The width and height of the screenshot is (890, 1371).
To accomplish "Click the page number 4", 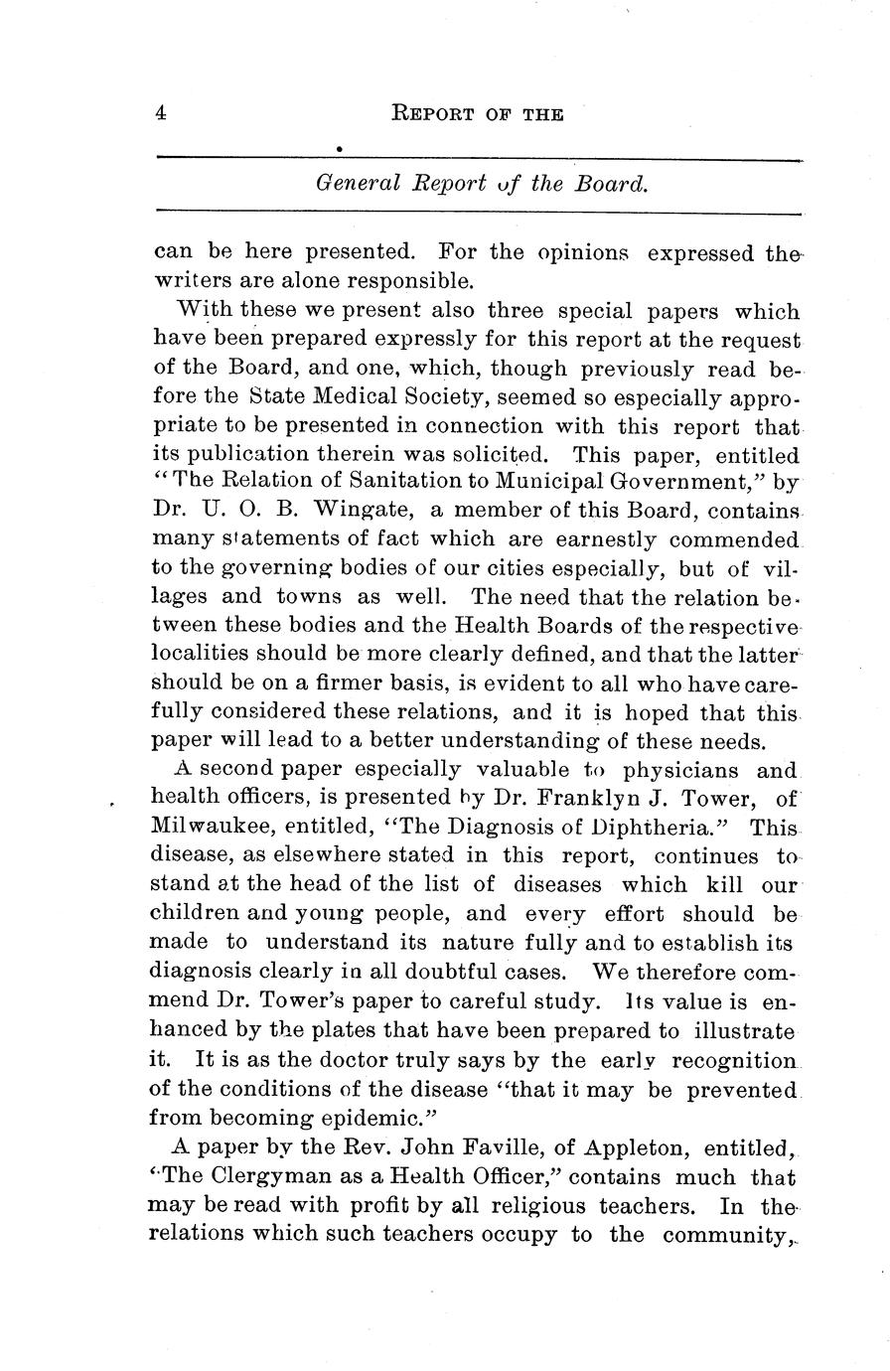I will (x=161, y=113).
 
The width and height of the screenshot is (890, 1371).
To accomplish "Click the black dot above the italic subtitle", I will (x=340, y=149).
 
